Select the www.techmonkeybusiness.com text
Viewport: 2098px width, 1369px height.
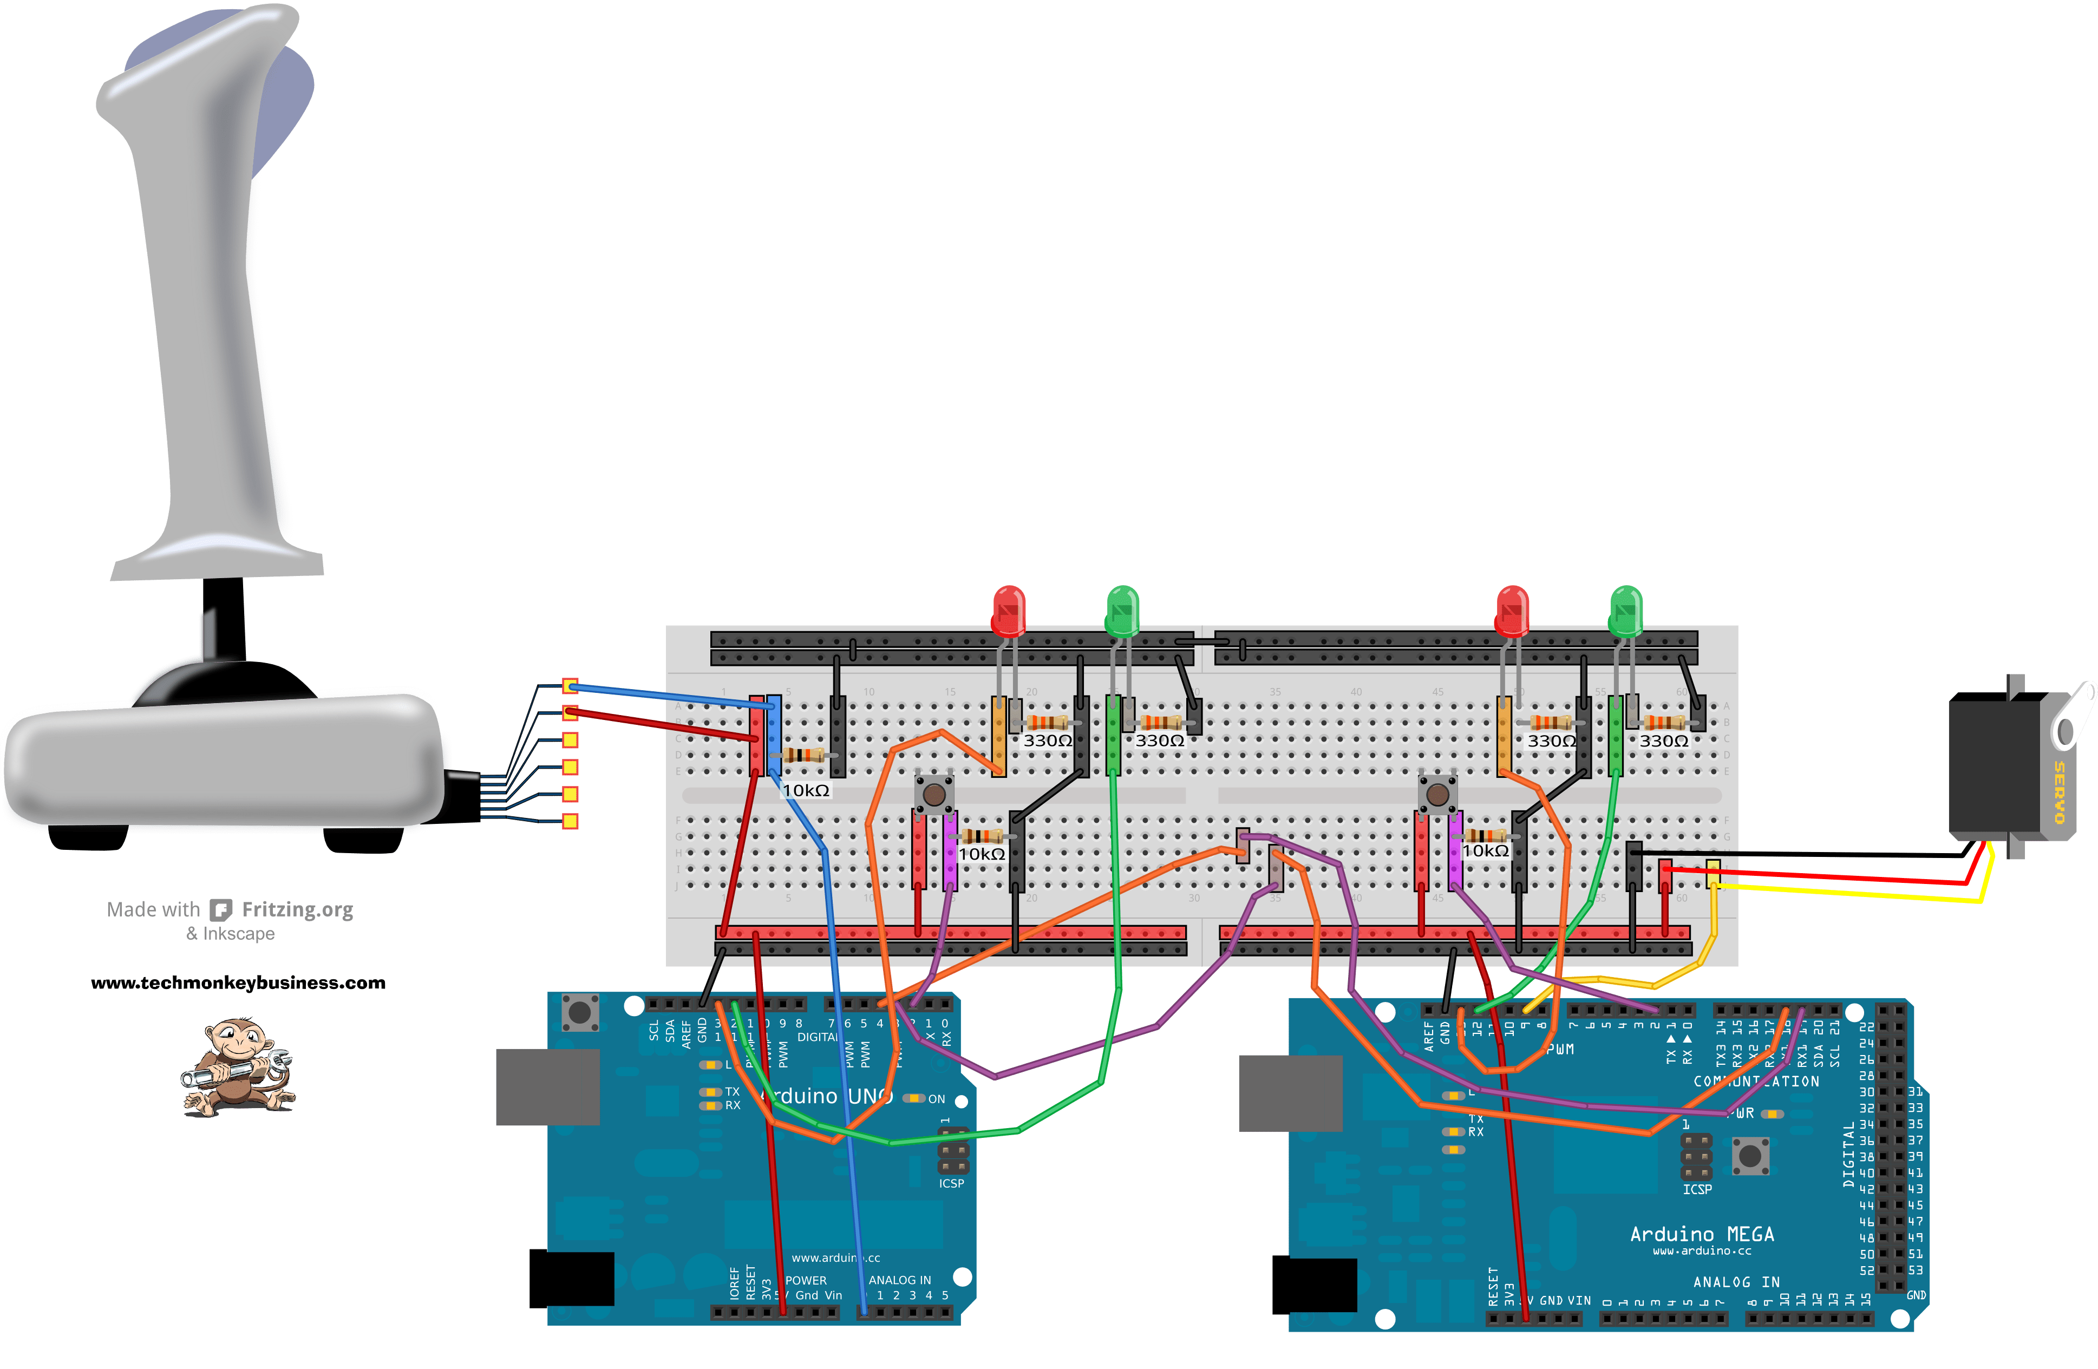pyautogui.click(x=238, y=983)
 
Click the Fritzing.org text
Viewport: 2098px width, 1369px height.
pyautogui.click(x=297, y=910)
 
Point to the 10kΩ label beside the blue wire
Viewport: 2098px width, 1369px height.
pyautogui.click(x=806, y=791)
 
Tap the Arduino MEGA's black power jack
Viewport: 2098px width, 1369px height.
pyautogui.click(x=1313, y=1285)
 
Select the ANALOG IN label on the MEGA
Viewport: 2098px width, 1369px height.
pyautogui.click(x=1736, y=1282)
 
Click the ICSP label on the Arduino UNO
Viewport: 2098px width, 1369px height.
pyautogui.click(x=951, y=1183)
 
